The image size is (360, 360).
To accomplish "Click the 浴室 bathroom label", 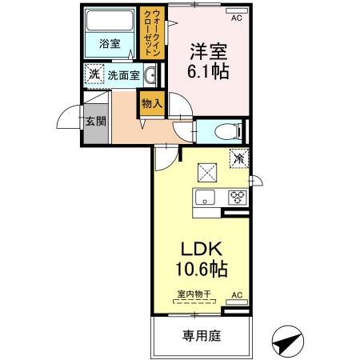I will tap(110, 44).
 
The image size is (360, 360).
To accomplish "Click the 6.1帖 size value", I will tap(207, 72).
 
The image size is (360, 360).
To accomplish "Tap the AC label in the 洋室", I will tap(236, 16).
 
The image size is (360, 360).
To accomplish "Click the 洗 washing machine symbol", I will tap(94, 74).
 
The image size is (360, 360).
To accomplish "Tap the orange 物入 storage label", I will tap(152, 103).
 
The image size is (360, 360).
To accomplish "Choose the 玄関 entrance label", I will tap(94, 121).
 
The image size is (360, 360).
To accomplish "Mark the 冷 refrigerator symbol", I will tap(238, 158).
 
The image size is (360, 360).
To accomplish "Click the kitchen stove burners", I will tap(237, 197).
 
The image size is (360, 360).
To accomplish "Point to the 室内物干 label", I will tap(194, 294).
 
